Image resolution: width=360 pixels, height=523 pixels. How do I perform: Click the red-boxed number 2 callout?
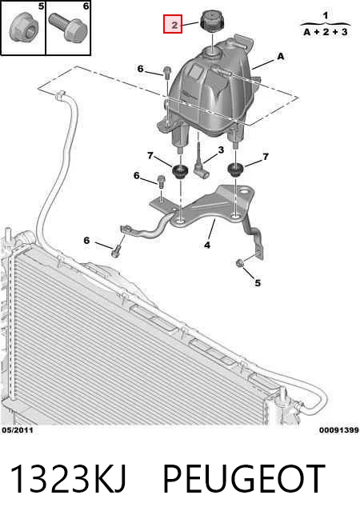[x=173, y=24]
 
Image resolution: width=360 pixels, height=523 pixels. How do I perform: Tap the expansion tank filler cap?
[x=211, y=21]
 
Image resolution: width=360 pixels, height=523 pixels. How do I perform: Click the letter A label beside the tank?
[x=281, y=56]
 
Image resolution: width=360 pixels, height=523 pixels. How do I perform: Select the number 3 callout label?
[x=221, y=150]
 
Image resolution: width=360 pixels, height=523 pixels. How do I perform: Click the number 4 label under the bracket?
[x=207, y=246]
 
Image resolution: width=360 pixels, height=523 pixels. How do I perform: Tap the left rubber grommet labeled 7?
[x=180, y=171]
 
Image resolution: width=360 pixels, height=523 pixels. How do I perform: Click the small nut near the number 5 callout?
[x=239, y=264]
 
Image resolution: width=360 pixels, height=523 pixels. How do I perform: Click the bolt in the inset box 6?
[x=68, y=27]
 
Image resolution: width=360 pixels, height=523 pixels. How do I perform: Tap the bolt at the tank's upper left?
[x=167, y=72]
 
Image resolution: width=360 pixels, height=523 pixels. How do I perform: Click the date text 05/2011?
[x=18, y=430]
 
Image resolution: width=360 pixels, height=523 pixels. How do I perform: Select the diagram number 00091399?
[x=338, y=430]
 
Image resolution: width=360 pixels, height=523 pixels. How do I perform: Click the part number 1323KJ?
[x=68, y=479]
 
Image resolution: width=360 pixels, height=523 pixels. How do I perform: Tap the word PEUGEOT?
[x=244, y=479]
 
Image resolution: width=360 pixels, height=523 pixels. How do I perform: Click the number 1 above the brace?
[x=326, y=15]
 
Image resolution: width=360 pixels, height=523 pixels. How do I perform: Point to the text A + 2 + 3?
[x=326, y=32]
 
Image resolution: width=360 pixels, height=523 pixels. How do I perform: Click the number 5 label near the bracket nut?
[x=258, y=283]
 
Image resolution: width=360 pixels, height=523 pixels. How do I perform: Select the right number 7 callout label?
[x=266, y=157]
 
